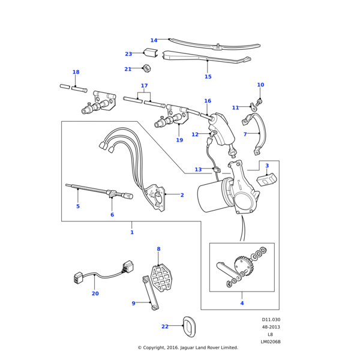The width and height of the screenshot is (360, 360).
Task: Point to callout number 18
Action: (76, 72)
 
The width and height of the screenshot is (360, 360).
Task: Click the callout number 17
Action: (144, 86)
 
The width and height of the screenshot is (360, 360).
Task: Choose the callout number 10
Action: (260, 85)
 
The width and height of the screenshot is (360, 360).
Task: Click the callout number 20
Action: (95, 293)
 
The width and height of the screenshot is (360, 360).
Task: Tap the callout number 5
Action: (77, 206)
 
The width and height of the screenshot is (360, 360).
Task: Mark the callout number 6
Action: (112, 215)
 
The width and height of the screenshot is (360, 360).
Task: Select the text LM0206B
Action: (271, 342)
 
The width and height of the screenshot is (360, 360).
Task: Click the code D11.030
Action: (271, 320)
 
